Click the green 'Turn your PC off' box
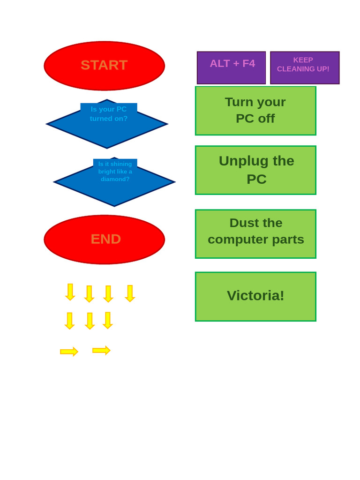point(255,111)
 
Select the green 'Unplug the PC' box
point(255,170)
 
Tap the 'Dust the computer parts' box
point(255,233)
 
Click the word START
point(104,65)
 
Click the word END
point(106,239)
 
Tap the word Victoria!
point(255,295)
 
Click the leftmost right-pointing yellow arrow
point(69,352)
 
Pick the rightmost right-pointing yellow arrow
point(101,350)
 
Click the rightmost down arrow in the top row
point(130,293)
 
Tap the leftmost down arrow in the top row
point(70,292)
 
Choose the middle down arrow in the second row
point(90,321)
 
